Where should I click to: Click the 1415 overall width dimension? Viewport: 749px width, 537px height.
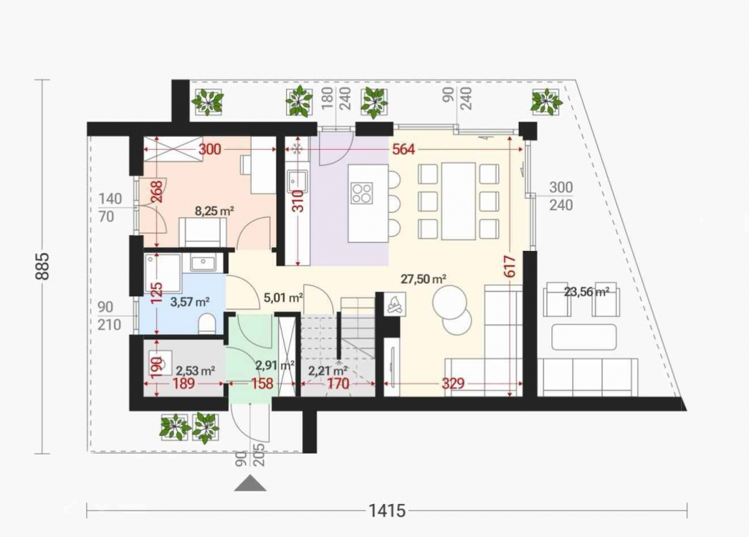[x=387, y=510]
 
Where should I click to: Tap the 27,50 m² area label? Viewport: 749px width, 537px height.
[x=424, y=279]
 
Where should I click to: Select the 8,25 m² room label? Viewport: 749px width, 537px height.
[x=214, y=211]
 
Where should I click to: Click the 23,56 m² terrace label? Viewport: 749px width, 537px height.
[x=587, y=292]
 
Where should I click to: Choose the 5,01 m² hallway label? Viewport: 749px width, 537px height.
[x=282, y=298]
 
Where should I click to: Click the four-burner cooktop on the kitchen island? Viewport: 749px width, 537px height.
[x=362, y=192]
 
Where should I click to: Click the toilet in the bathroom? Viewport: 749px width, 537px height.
[x=209, y=323]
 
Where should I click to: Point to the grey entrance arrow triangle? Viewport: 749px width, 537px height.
[x=249, y=483]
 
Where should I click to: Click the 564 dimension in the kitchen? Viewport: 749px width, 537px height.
[x=402, y=150]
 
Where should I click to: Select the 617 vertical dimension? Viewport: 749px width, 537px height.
[x=510, y=266]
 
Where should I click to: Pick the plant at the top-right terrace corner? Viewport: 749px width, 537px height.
[x=546, y=101]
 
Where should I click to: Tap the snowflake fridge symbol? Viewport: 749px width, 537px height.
[x=297, y=149]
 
